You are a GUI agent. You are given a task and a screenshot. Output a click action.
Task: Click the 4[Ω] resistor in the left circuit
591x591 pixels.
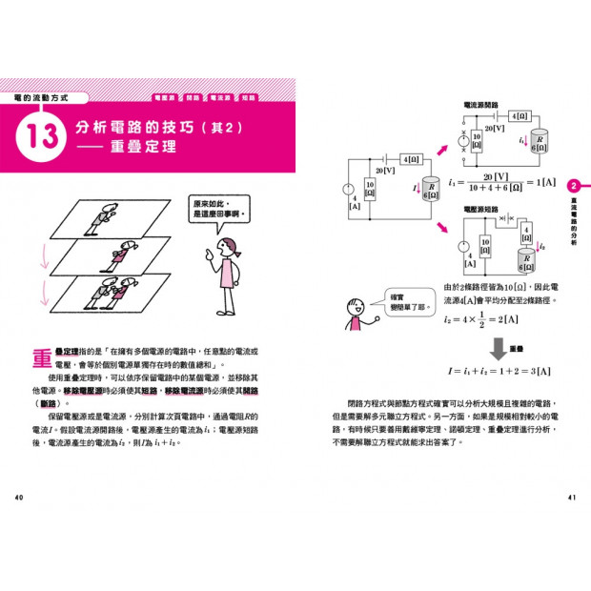pos(411,160)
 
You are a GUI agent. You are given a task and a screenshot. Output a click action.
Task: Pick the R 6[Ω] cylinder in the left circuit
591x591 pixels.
pos(431,192)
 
